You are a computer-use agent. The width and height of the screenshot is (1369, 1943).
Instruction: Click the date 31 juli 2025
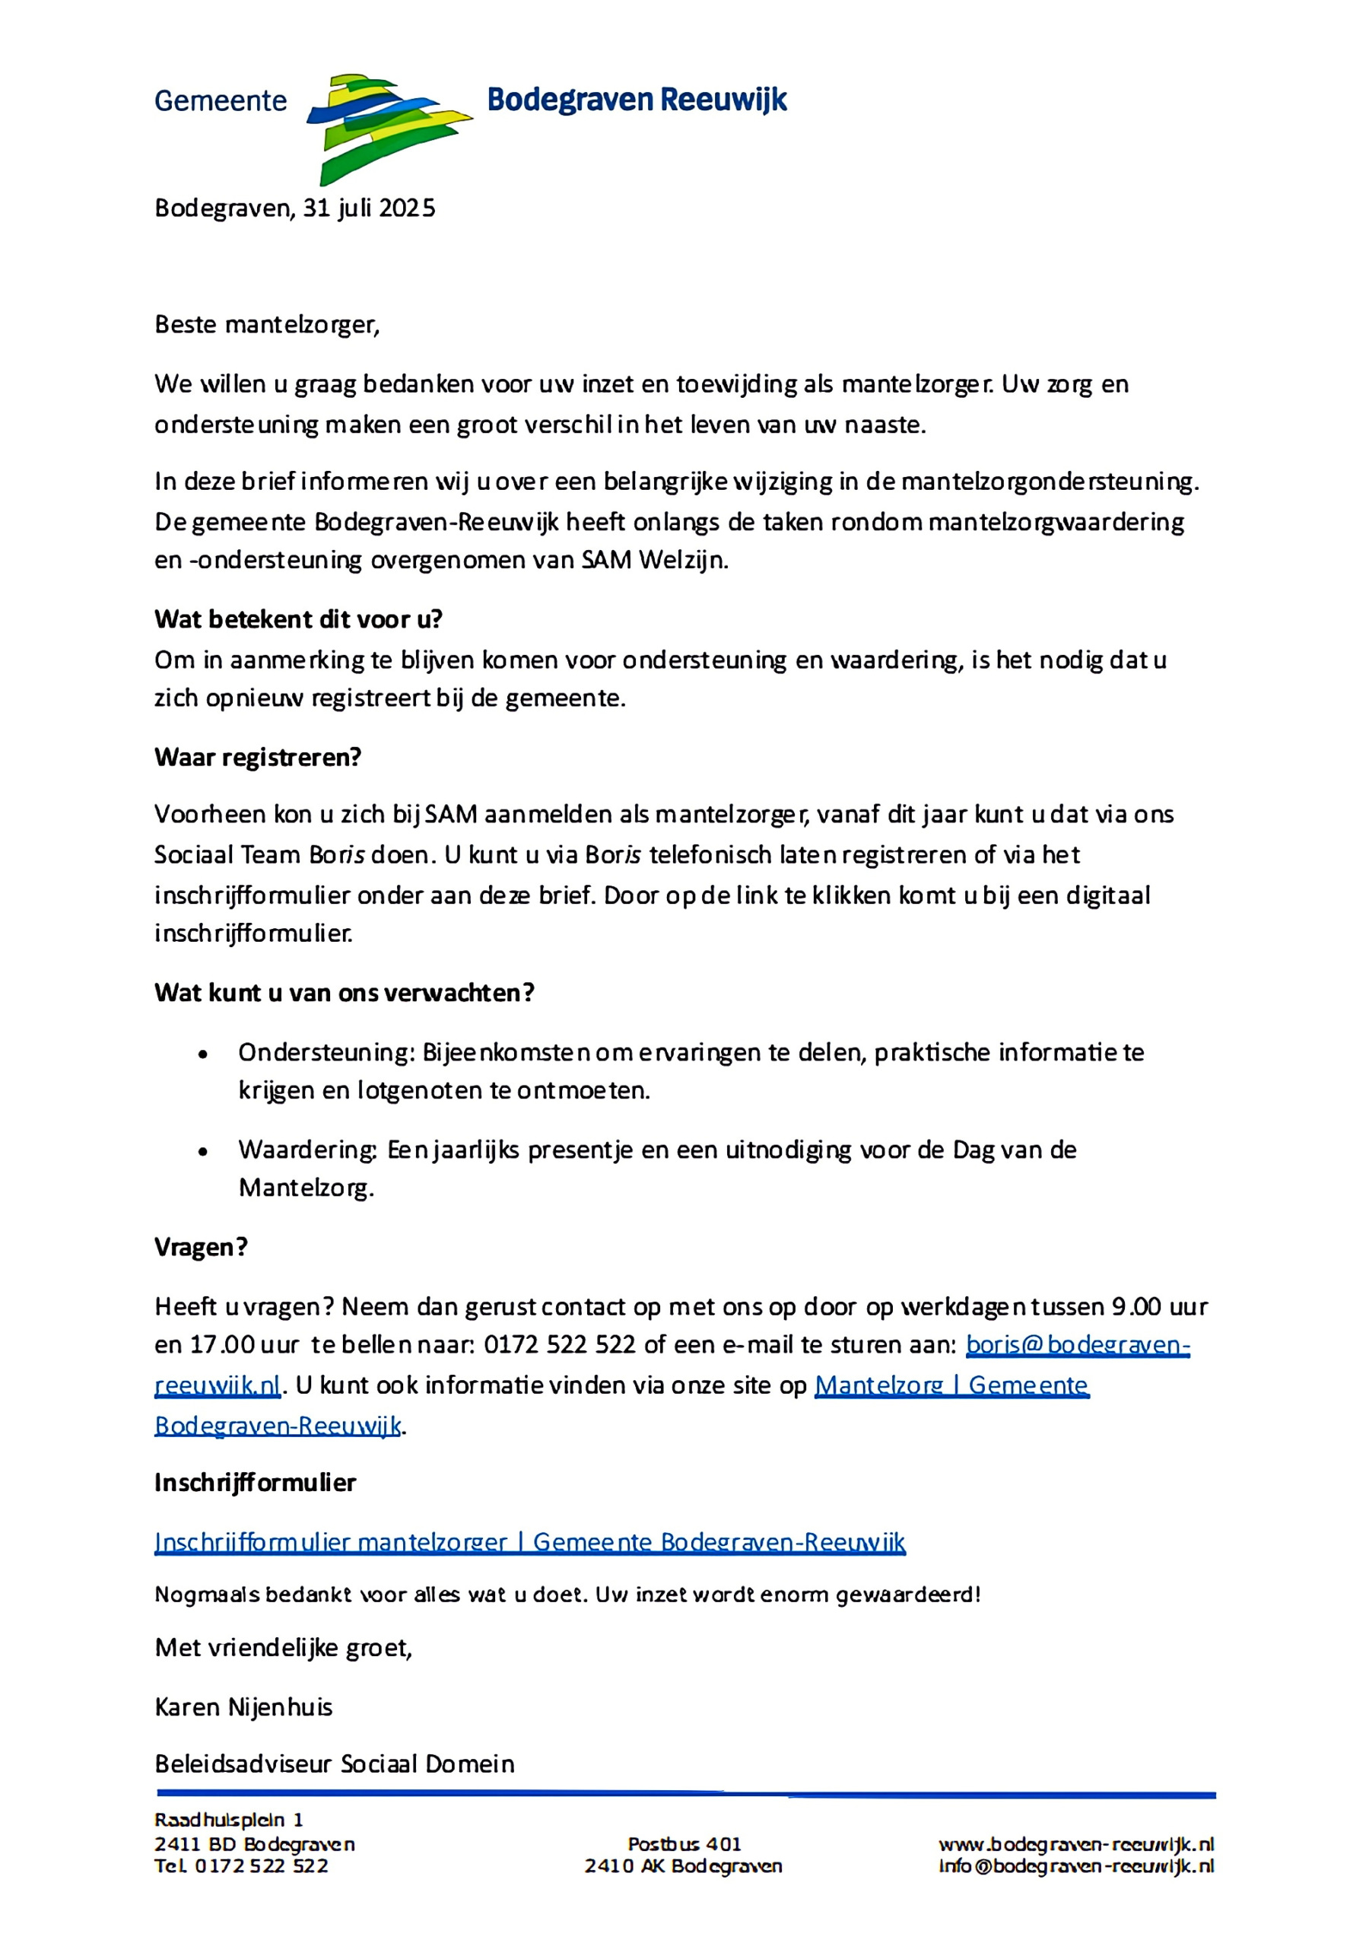point(369,208)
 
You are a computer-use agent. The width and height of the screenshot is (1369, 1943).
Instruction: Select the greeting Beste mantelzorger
point(266,325)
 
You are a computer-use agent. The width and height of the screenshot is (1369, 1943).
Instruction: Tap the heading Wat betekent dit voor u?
point(298,619)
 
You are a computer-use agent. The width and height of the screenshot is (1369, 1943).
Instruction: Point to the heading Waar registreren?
point(257,758)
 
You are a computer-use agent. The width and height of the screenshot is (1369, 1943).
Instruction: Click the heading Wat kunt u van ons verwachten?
point(345,993)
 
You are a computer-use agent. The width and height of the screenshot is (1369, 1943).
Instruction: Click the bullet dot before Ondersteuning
point(203,1054)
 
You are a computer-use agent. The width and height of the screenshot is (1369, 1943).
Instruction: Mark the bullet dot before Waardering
point(203,1152)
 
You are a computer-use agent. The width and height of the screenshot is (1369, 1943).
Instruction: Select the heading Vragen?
point(201,1248)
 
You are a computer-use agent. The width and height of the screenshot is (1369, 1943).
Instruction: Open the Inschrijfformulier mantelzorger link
point(529,1542)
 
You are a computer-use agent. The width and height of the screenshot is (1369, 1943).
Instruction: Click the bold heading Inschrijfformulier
point(255,1483)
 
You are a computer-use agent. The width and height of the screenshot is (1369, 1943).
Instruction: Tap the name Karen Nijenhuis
point(243,1707)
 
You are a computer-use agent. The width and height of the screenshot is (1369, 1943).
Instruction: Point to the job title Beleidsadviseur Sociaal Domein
point(334,1763)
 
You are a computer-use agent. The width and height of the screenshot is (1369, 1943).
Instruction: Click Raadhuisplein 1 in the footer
point(228,1820)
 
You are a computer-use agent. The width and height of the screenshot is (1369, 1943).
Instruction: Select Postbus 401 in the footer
point(684,1844)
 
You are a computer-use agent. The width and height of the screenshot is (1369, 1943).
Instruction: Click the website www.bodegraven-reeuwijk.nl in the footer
point(1075,1844)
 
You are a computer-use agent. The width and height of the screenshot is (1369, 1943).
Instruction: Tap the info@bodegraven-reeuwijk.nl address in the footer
point(1075,1866)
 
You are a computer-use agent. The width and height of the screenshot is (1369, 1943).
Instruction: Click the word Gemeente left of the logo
point(221,100)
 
